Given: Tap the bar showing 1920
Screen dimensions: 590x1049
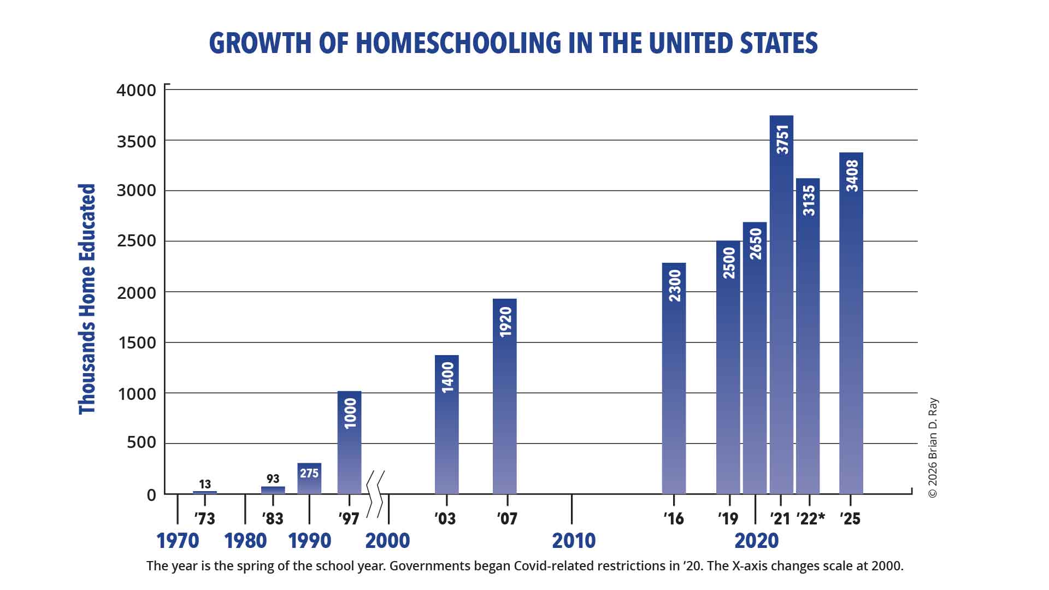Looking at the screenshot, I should [504, 396].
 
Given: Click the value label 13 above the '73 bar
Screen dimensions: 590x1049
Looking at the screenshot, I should [205, 484].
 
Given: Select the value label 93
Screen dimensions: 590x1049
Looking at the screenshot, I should [273, 479].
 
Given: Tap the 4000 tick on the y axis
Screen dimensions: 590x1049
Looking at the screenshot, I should [136, 90].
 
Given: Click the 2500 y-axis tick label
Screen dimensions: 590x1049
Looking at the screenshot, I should [136, 241].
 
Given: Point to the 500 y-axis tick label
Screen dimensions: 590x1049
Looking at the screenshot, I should [141, 442].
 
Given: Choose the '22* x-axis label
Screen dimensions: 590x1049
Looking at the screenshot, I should [810, 518].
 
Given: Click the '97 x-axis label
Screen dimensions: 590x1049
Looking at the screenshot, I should [349, 518].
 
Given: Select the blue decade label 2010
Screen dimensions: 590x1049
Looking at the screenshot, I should [574, 541].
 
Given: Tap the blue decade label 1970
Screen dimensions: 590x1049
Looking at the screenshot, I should [178, 541].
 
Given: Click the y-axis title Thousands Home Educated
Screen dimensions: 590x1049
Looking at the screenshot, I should [87, 299].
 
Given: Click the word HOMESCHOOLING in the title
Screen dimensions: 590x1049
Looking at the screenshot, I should [458, 43].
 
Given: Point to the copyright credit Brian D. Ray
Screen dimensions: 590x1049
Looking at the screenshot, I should [933, 448].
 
